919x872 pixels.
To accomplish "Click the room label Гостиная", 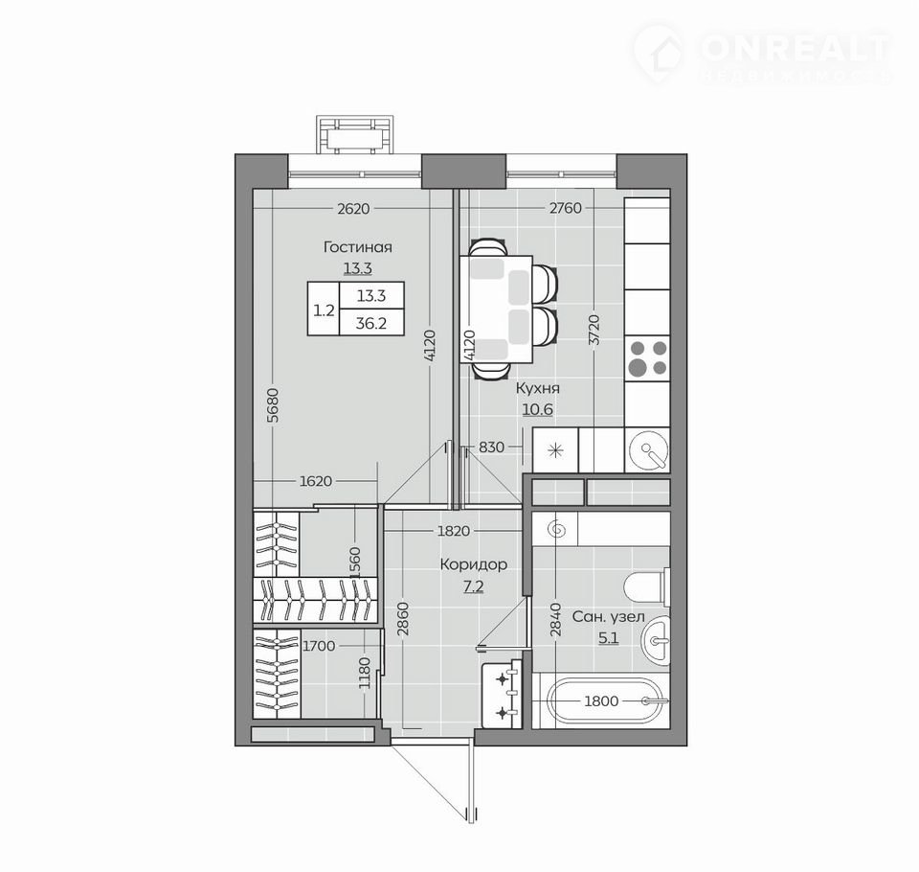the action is point(357,247).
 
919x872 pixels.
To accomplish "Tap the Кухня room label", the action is point(537,388).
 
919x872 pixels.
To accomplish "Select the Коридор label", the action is point(474,564).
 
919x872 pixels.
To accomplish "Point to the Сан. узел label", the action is point(609,617).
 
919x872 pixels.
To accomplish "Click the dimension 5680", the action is point(273,405).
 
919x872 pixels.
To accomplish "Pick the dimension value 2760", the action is point(566,208).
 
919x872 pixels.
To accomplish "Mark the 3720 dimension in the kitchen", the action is point(594,333).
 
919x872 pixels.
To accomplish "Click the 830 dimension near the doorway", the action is point(491,447).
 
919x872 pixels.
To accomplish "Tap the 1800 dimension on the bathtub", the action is point(601,700).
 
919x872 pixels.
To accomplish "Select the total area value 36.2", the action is point(371,323).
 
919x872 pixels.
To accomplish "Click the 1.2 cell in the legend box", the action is point(324,310).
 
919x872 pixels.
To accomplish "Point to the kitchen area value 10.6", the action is point(537,409).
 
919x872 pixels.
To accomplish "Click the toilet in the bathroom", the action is point(647,585).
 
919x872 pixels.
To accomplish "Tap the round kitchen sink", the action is point(648,450).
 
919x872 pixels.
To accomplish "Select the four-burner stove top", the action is point(647,358).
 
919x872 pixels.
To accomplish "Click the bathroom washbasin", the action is point(655,641).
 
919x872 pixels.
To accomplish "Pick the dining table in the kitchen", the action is point(497,310).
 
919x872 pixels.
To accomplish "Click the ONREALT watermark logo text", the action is point(796,48).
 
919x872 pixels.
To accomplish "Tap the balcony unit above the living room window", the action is point(355,135).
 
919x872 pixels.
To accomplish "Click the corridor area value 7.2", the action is point(474,586).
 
